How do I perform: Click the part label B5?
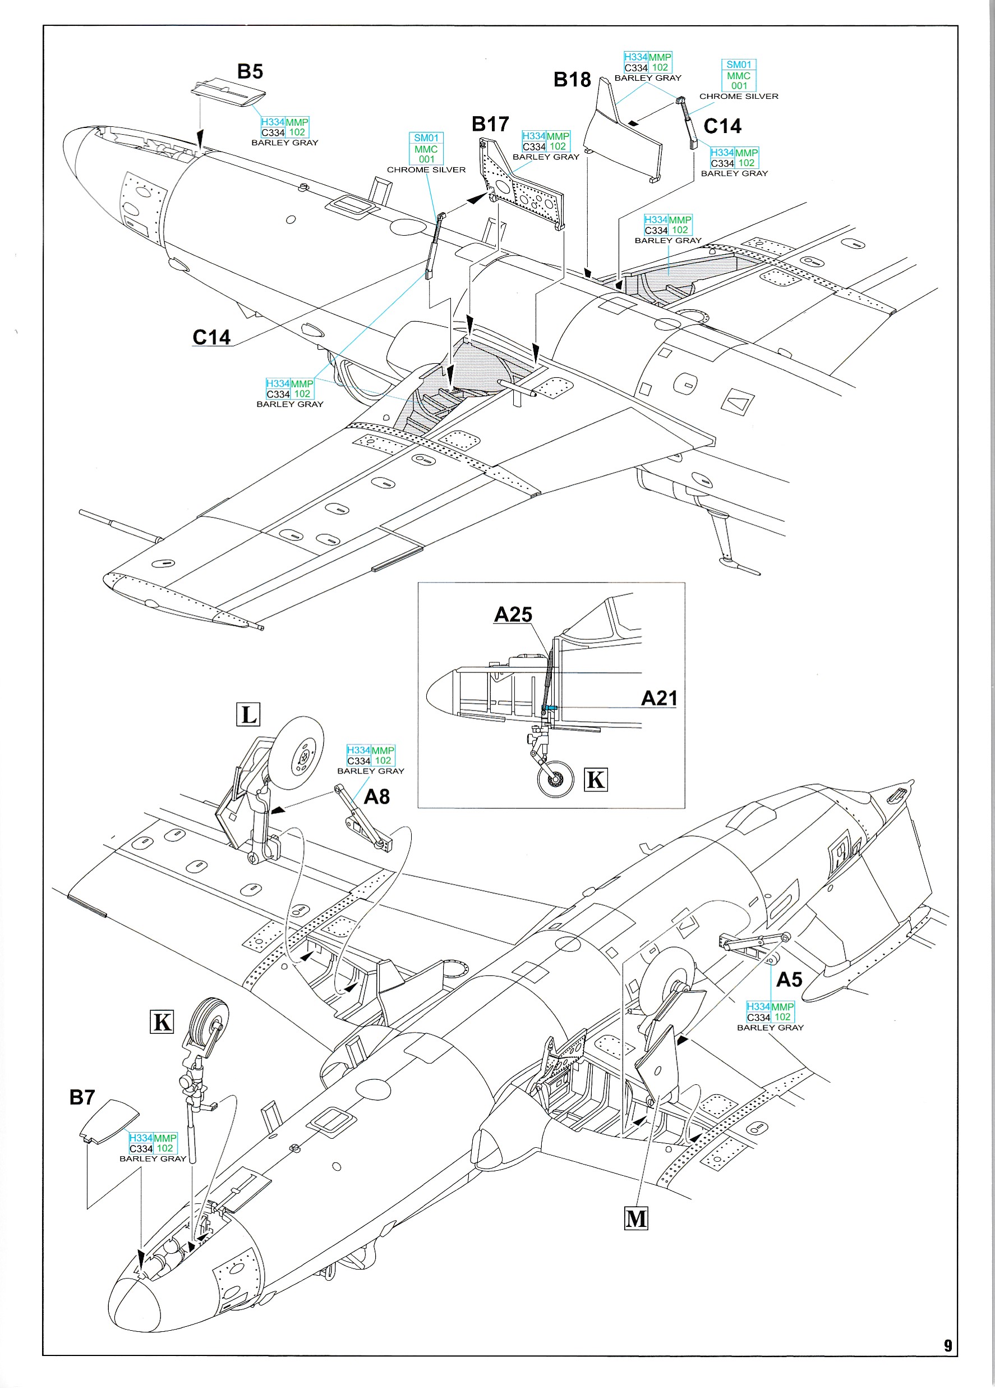point(250,72)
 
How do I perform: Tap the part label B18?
point(572,80)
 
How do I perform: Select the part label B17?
point(490,124)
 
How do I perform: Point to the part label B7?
point(82,1097)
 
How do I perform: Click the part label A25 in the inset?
point(513,615)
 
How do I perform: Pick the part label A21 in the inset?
point(658,698)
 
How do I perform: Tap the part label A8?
point(377,797)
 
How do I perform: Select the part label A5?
point(789,980)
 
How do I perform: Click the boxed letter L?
point(248,714)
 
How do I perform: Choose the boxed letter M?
point(635,1218)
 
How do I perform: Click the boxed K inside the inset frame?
point(595,780)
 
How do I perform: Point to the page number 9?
point(947,1346)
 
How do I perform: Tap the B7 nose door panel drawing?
point(110,1120)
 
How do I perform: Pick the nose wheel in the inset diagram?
point(555,779)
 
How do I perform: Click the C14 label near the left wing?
point(211,337)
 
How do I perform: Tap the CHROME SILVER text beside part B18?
point(738,97)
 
